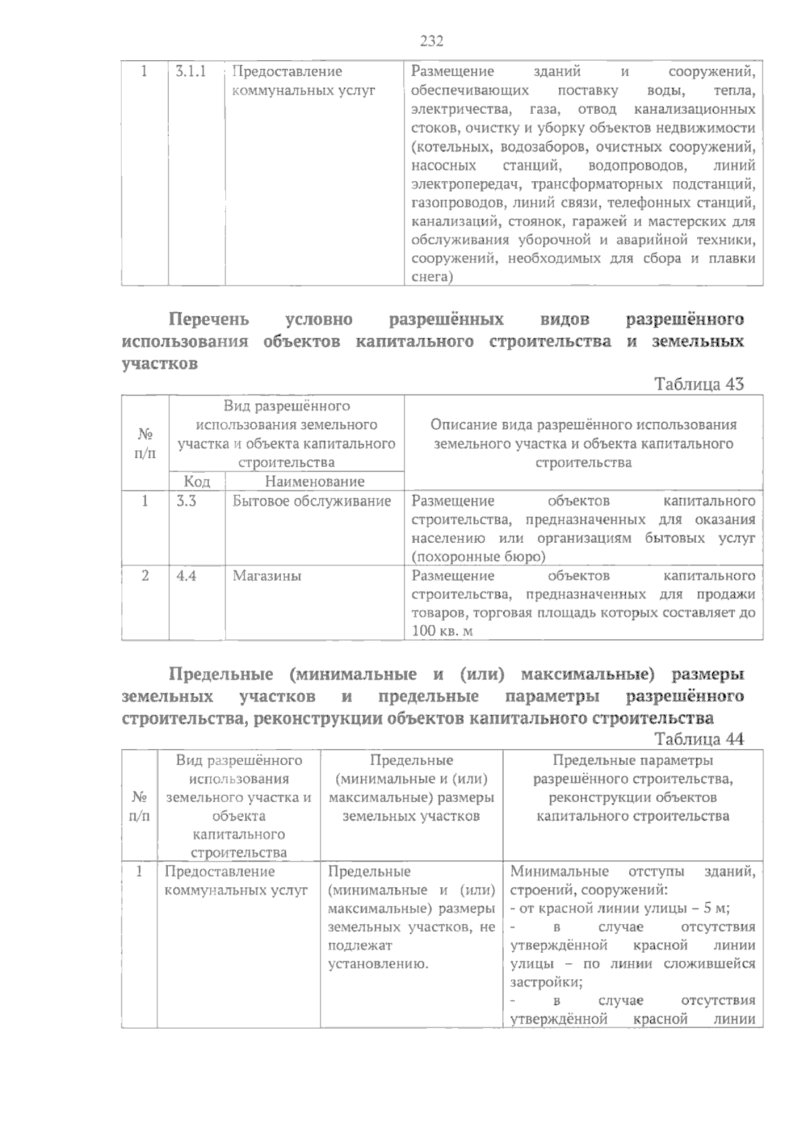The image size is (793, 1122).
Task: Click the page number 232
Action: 432,42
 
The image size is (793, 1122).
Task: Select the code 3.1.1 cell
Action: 191,71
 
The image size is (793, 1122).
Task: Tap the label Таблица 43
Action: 699,384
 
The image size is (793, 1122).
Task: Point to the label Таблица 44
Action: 699,739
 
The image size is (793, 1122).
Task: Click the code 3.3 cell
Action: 186,501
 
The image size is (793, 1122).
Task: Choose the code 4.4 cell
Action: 186,576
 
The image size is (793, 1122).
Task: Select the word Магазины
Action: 267,576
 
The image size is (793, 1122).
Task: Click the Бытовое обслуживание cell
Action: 312,501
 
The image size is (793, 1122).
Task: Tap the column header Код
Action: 197,481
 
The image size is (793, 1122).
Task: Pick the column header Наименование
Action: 315,481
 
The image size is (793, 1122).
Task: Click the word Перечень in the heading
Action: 209,320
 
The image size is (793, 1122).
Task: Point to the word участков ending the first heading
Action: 160,364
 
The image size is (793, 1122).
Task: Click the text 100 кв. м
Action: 442,631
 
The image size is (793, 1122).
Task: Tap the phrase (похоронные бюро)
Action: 478,557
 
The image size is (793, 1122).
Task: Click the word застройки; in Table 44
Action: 547,982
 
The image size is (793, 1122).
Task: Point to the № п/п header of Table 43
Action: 145,443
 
